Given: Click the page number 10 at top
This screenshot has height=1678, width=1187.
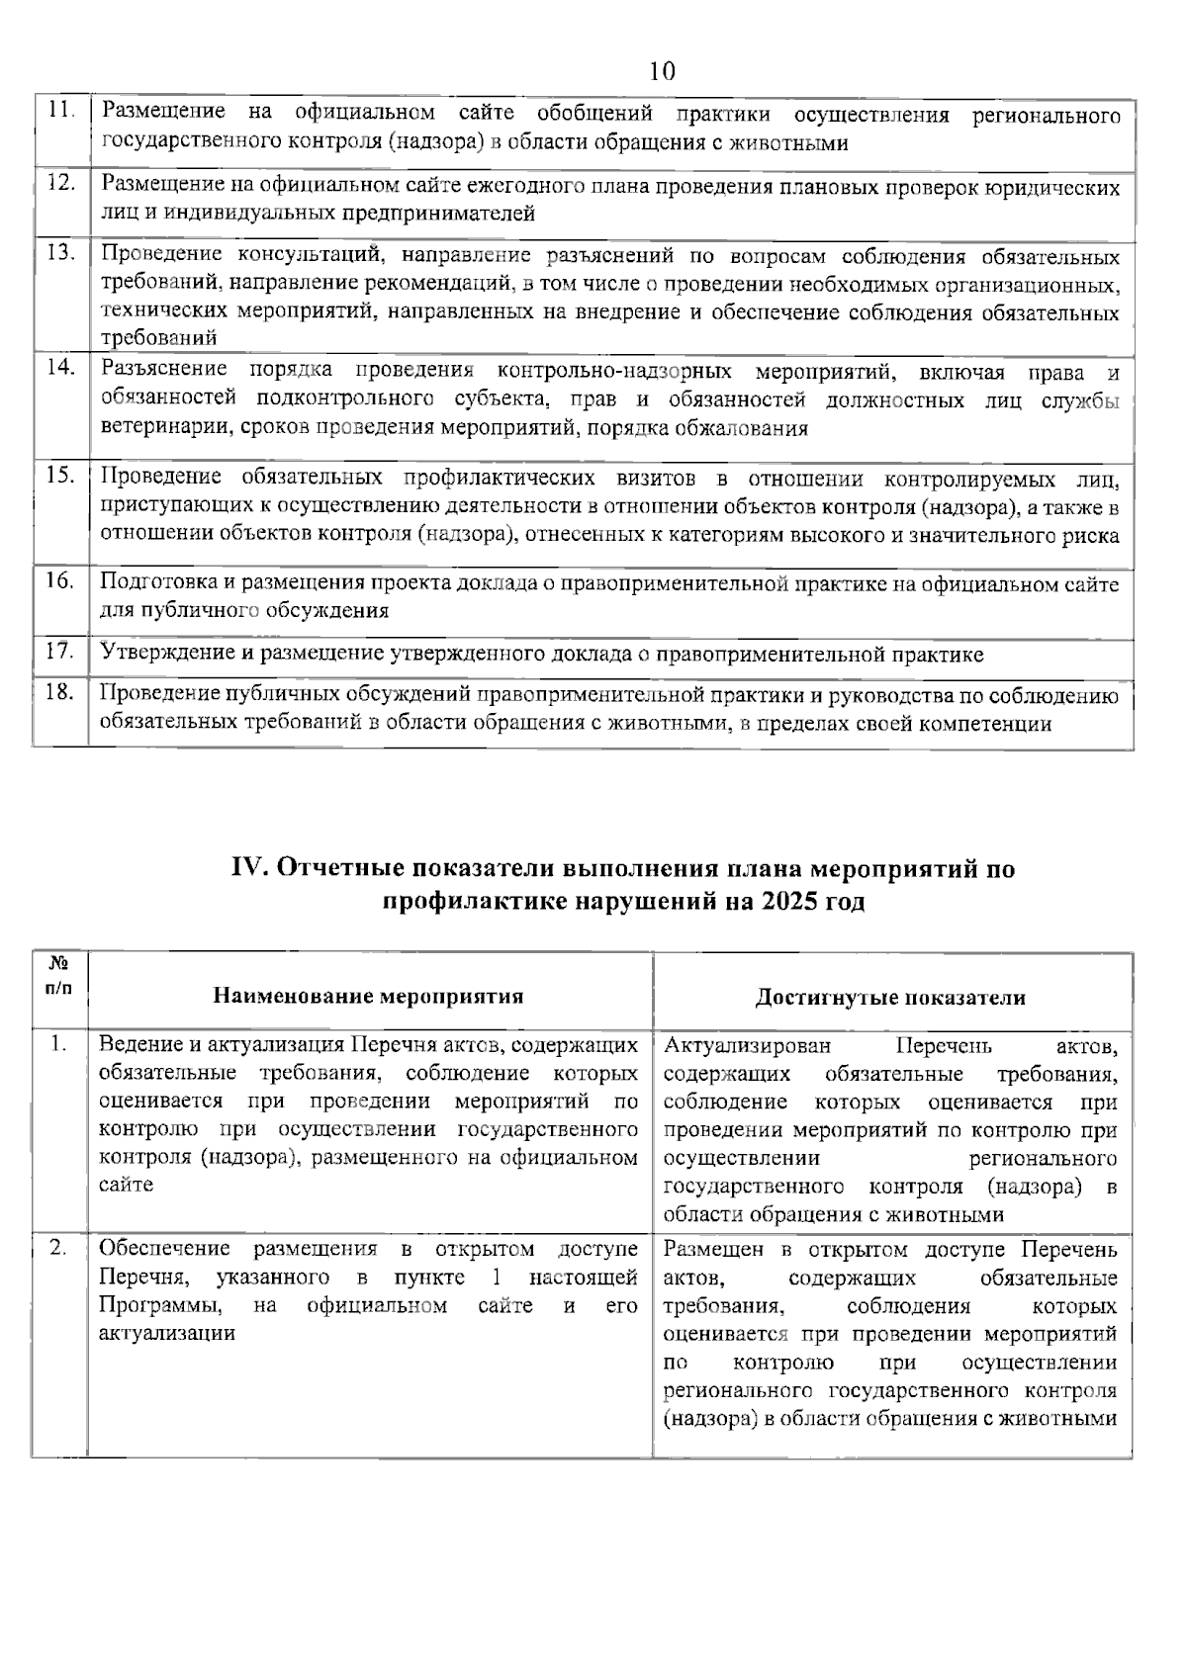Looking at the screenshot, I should click(x=662, y=71).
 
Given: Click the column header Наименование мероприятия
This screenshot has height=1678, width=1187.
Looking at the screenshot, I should click(x=368, y=996).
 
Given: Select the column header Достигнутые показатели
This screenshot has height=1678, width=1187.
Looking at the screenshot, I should click(x=889, y=997).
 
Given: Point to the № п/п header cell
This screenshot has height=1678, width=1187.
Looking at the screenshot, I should click(x=59, y=975).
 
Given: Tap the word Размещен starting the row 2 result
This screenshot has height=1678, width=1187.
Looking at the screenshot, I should click(x=713, y=1250).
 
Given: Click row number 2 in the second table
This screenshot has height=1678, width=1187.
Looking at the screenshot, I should click(x=58, y=1249).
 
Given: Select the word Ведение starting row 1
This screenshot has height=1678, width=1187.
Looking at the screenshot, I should click(x=137, y=1044).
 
